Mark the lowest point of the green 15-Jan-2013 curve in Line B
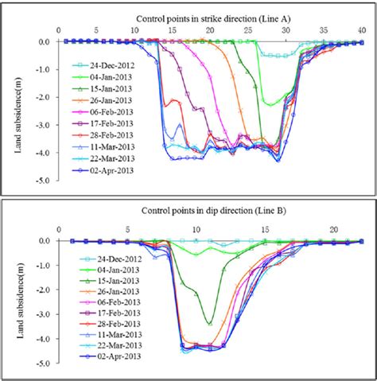[x=209, y=323]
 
